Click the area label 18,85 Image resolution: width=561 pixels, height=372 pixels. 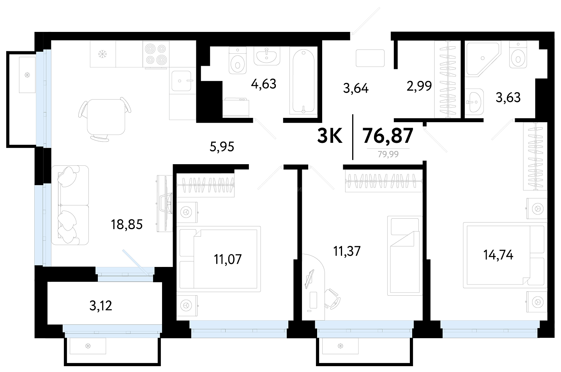point(127,225)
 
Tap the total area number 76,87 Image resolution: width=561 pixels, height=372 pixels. point(388,135)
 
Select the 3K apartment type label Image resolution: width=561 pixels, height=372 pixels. point(330,135)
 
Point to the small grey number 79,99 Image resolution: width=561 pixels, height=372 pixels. point(388,154)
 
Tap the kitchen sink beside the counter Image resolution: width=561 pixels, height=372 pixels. point(182,81)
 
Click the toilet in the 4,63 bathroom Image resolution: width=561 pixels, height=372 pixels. point(237,60)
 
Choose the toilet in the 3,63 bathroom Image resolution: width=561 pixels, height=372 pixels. point(518,54)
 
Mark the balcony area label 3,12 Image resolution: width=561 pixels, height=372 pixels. point(101,306)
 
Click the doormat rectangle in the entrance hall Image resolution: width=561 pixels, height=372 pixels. point(370,58)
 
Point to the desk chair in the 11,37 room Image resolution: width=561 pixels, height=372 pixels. point(332,299)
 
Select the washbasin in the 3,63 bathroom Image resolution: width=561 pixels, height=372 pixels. point(475,102)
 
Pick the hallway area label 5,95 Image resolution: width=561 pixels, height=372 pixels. point(222,147)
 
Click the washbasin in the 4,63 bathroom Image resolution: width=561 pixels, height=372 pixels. point(267,56)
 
